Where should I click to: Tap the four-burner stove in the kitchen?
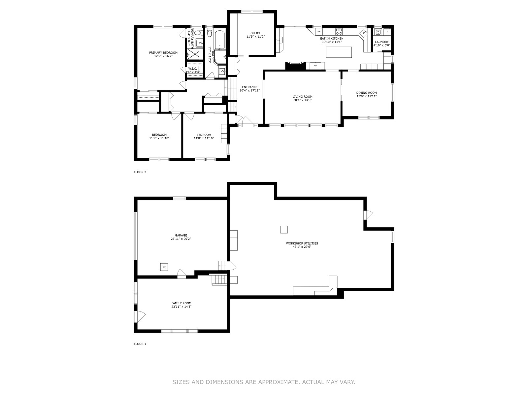click(339, 31)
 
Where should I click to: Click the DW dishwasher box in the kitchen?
click(319, 31)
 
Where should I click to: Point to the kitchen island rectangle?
click(339, 52)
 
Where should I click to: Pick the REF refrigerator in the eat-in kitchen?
click(315, 66)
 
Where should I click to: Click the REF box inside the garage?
click(164, 267)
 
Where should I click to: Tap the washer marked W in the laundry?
click(378, 32)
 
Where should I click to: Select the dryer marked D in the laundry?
click(387, 32)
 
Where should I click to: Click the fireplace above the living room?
click(295, 66)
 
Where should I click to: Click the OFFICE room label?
click(255, 33)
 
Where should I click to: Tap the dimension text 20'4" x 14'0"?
click(302, 100)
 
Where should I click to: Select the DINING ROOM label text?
click(367, 93)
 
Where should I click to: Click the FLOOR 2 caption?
click(140, 172)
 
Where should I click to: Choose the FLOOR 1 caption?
click(140, 344)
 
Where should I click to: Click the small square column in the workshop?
click(284, 230)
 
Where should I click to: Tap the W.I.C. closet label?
click(193, 69)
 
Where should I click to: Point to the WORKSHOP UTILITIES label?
click(302, 243)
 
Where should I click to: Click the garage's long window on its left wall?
click(136, 236)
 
